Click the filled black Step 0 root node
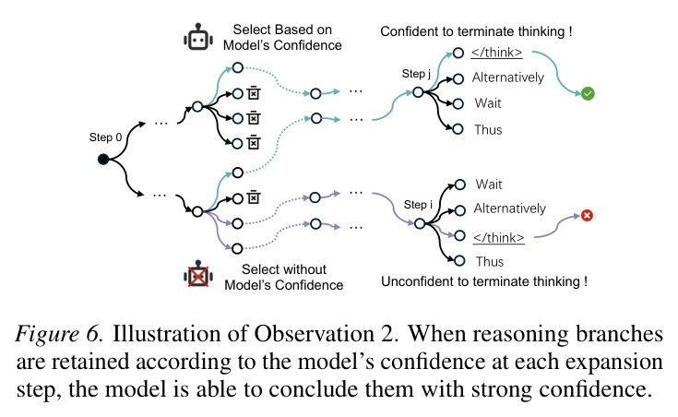click(103, 160)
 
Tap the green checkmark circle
click(588, 93)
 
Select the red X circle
click(587, 216)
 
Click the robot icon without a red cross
click(198, 37)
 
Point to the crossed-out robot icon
click(198, 273)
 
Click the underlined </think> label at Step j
click(497, 53)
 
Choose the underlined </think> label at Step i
click(498, 238)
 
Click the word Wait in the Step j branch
click(488, 103)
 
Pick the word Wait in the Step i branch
click(489, 185)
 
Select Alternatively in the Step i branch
click(510, 208)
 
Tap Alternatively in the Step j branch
click(508, 77)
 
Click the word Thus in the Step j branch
click(488, 130)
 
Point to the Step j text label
click(416, 74)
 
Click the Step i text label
click(418, 205)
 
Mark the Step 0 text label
click(105, 137)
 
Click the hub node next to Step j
click(418, 92)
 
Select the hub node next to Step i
click(420, 223)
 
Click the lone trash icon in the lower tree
click(254, 197)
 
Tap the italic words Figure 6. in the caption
click(59, 334)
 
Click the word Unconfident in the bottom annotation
click(415, 281)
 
